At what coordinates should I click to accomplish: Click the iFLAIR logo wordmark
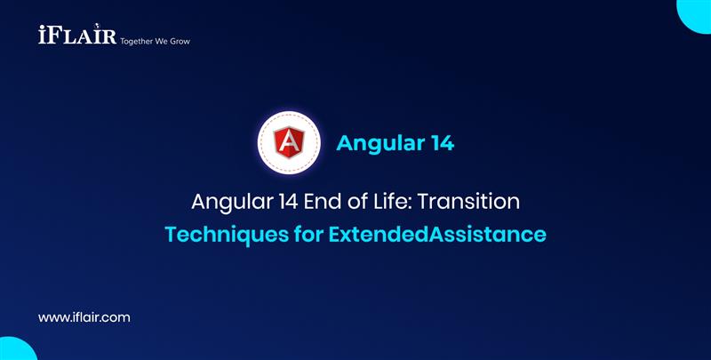click(x=71, y=36)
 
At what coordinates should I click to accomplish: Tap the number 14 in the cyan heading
click(x=439, y=143)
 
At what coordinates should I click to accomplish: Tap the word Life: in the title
click(x=396, y=201)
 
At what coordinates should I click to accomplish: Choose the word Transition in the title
click(x=471, y=201)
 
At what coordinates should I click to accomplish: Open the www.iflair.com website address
click(x=85, y=316)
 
